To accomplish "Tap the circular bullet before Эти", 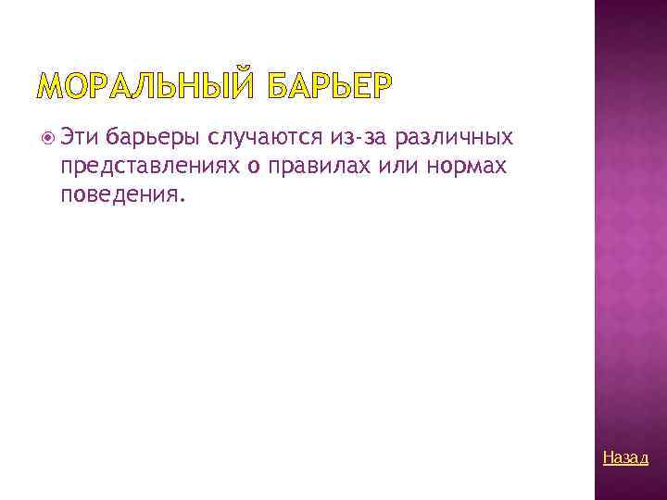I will pyautogui.click(x=47, y=138).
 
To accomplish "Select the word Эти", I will pyautogui.click(x=81, y=138).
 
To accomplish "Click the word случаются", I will pyautogui.click(x=265, y=139).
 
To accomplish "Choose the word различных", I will pyautogui.click(x=454, y=139).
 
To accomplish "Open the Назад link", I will pyautogui.click(x=625, y=456).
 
